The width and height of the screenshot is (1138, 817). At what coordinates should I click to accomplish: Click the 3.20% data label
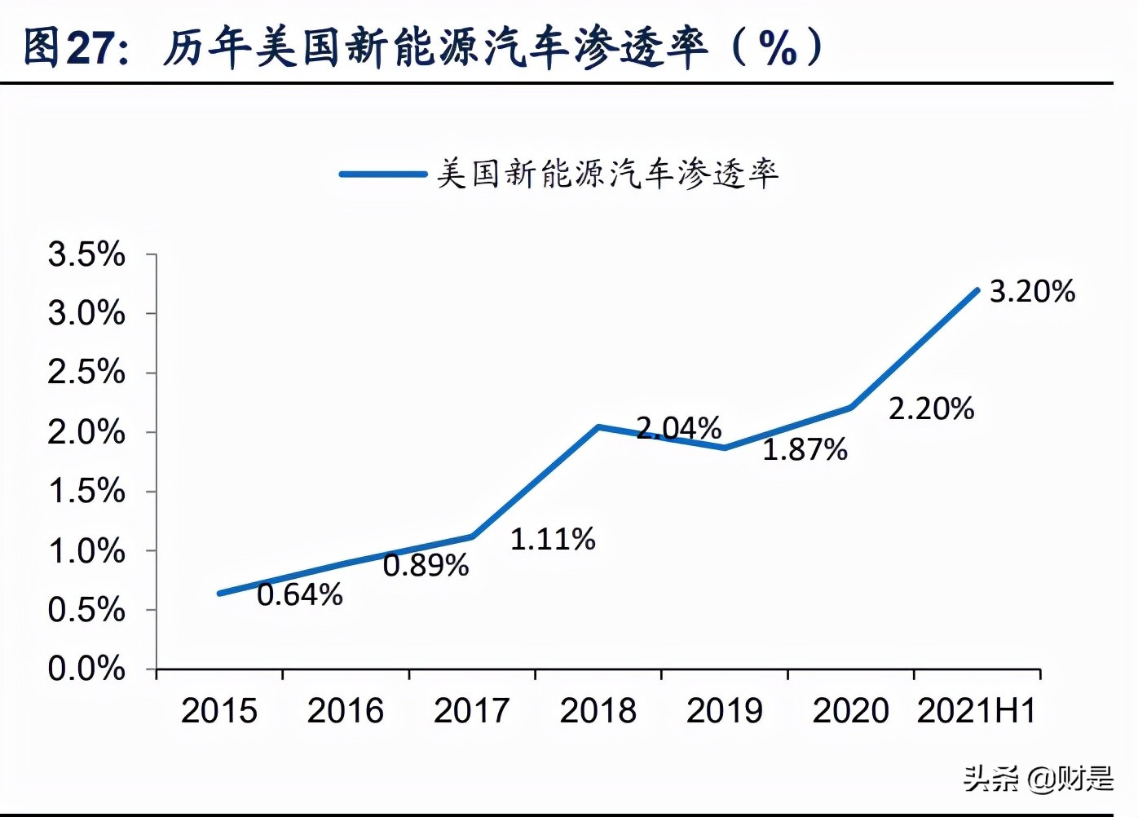pyautogui.click(x=1032, y=292)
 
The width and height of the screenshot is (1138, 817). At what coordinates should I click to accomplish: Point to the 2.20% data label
pyautogui.click(x=931, y=409)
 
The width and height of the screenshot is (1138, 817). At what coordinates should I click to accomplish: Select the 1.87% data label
pyautogui.click(x=805, y=450)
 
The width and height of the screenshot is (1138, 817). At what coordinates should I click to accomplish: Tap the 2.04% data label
pyautogui.click(x=678, y=428)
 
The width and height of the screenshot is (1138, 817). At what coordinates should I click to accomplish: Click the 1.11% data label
pyautogui.click(x=553, y=540)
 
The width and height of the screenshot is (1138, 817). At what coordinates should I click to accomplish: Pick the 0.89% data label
pyautogui.click(x=426, y=566)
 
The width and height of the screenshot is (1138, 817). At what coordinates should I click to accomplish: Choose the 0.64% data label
pyautogui.click(x=299, y=595)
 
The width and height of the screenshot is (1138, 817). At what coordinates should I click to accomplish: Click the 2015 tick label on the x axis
pyautogui.click(x=218, y=711)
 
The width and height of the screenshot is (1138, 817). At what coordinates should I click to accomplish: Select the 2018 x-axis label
pyautogui.click(x=598, y=711)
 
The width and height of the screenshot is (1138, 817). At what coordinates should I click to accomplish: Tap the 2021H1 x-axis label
pyautogui.click(x=976, y=711)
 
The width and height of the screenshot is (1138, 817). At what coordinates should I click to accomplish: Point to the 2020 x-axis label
pyautogui.click(x=850, y=711)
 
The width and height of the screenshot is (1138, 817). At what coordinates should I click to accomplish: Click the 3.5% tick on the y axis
pyautogui.click(x=86, y=254)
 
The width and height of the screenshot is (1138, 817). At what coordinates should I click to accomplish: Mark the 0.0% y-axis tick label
pyautogui.click(x=86, y=669)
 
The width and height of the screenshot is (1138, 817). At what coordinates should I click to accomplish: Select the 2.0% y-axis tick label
pyautogui.click(x=86, y=432)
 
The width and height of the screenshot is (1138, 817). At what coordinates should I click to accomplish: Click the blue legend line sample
pyautogui.click(x=382, y=174)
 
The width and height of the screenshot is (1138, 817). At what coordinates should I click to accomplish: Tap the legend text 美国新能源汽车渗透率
pyautogui.click(x=607, y=174)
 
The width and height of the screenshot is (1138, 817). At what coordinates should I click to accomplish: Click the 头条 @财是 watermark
pyautogui.click(x=1038, y=779)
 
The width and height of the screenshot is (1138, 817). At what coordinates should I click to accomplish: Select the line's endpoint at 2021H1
pyautogui.click(x=977, y=290)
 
